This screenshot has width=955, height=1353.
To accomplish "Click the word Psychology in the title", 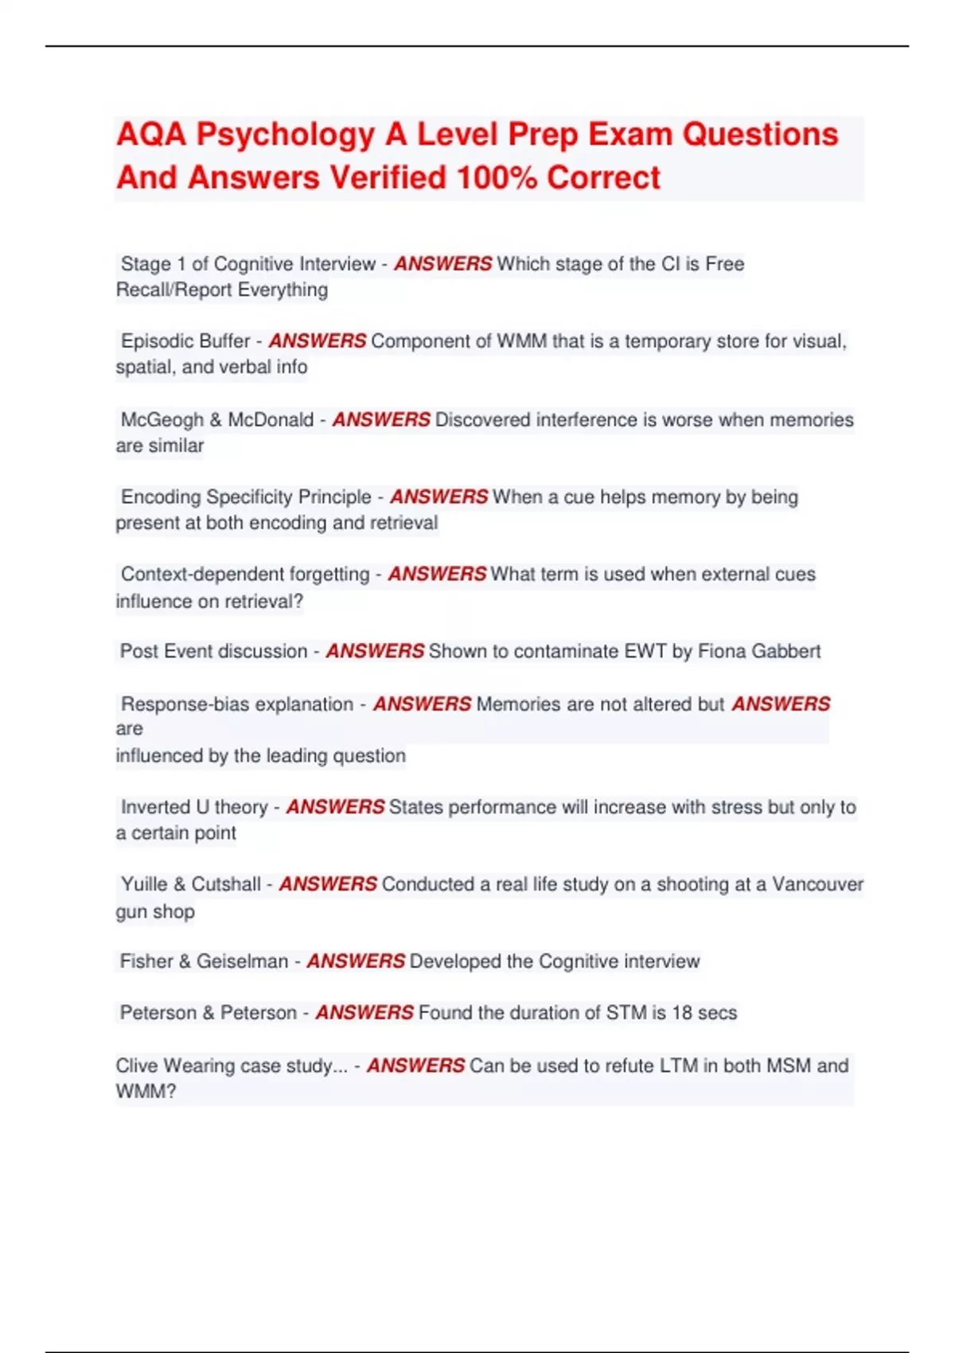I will pyautogui.click(x=285, y=135).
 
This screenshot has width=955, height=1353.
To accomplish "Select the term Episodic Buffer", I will pyautogui.click(x=185, y=341).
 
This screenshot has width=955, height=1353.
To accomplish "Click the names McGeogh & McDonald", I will pyautogui.click(x=217, y=419).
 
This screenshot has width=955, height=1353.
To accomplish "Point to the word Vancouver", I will pyautogui.click(x=817, y=884).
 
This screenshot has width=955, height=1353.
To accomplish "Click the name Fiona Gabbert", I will pyautogui.click(x=758, y=651).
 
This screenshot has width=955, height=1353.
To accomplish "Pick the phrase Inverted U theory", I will pyautogui.click(x=194, y=807).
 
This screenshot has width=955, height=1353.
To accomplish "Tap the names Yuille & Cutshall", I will pyautogui.click(x=191, y=884).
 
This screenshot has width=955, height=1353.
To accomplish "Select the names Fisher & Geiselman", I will pyautogui.click(x=204, y=961).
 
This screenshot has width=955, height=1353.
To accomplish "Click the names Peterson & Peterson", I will pyautogui.click(x=208, y=1012).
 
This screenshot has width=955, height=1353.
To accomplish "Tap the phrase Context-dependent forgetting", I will pyautogui.click(x=245, y=574).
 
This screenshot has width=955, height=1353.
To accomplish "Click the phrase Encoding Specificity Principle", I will pyautogui.click(x=246, y=497).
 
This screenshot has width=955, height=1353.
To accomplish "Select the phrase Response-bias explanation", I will pyautogui.click(x=237, y=704).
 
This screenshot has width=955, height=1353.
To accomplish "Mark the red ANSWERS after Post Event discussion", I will pyautogui.click(x=375, y=651).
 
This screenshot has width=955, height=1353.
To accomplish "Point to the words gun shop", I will pyautogui.click(x=155, y=911).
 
